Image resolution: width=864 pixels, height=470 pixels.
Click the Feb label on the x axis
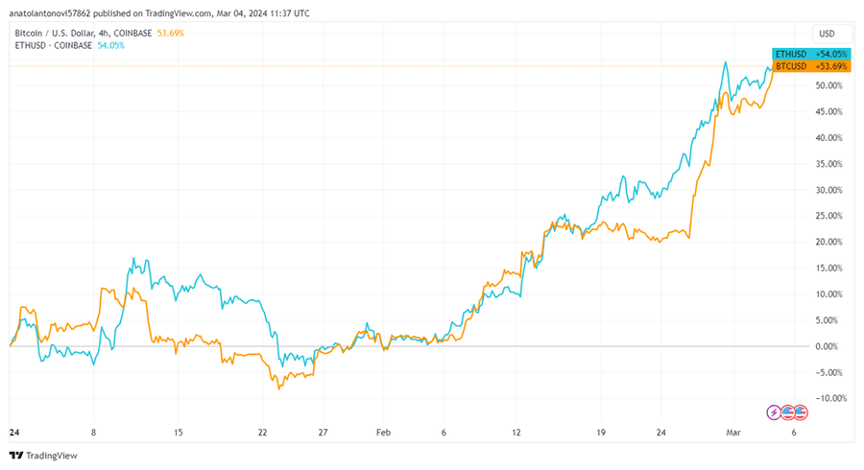click(384, 432)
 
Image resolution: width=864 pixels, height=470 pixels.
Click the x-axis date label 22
click(262, 432)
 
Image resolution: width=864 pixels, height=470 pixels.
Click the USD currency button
click(827, 33)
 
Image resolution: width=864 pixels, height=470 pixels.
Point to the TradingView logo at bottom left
click(45, 455)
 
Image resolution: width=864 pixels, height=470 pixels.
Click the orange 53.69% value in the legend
click(170, 33)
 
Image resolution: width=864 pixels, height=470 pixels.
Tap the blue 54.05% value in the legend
click(111, 44)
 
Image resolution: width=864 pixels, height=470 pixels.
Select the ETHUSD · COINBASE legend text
click(52, 44)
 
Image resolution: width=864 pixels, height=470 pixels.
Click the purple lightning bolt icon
click(775, 412)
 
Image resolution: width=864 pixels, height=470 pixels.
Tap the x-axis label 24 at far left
click(13, 432)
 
